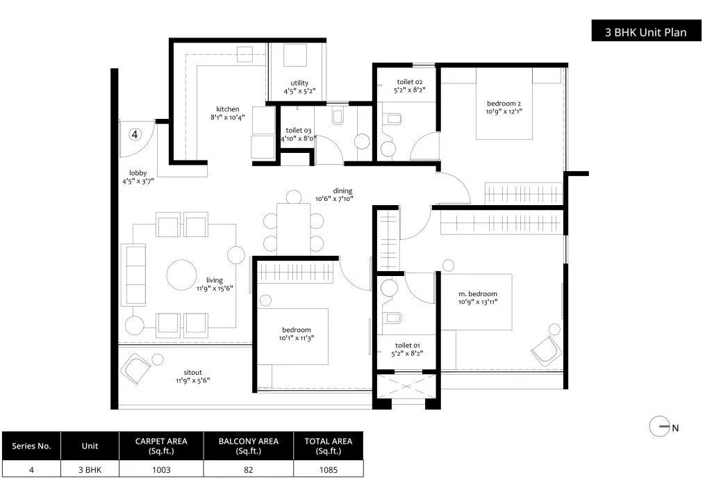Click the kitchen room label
click(227, 109)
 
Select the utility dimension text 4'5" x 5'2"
click(299, 91)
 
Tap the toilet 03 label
click(299, 130)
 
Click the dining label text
click(342, 191)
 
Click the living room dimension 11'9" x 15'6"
click(214, 288)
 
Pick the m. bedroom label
click(478, 293)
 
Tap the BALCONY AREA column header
click(249, 445)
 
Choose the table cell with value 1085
click(329, 469)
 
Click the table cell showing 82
click(249, 469)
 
